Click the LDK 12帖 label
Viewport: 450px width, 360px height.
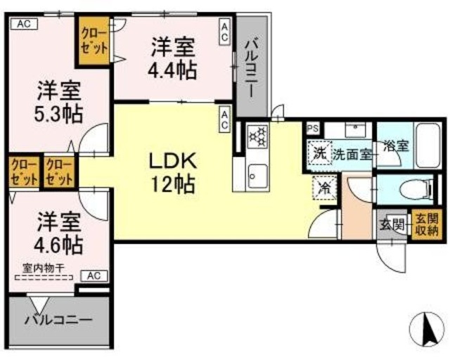(x=171, y=174)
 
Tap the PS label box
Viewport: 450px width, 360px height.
(x=313, y=128)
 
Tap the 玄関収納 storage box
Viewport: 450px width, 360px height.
(x=425, y=224)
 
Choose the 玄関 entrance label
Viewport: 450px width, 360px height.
(x=392, y=225)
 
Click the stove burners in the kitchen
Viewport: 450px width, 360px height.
(x=257, y=135)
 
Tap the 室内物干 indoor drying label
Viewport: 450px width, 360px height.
(x=44, y=267)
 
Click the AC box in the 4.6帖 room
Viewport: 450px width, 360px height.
(x=96, y=276)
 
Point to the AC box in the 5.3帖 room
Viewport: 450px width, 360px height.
(x=22, y=23)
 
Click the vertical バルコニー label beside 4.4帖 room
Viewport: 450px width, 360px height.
(x=251, y=69)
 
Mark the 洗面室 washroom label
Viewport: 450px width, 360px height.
(x=352, y=154)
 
